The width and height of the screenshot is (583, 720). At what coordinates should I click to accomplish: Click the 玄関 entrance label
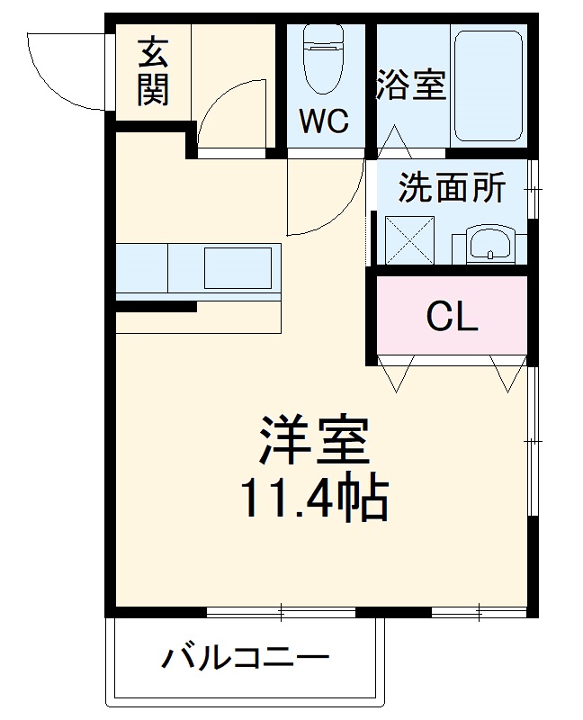(153, 74)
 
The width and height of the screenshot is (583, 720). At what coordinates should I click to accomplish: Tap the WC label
(324, 121)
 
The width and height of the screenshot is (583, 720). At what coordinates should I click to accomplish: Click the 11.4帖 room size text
(313, 499)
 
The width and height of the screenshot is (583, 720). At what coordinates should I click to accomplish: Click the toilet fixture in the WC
(322, 58)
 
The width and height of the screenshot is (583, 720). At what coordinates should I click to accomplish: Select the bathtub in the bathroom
(488, 87)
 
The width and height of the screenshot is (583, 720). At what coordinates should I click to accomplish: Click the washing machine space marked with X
(409, 239)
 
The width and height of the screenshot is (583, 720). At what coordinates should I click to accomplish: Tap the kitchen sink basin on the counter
(239, 266)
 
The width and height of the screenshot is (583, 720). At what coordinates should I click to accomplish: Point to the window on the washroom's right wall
(533, 189)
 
